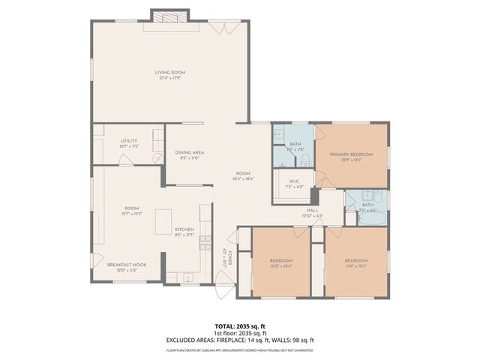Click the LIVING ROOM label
[170, 72]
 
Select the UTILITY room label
[129, 140]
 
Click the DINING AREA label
[188, 152]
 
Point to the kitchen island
[163, 222]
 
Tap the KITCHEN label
[184, 229]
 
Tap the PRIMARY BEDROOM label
[351, 153]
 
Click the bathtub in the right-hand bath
[373, 220]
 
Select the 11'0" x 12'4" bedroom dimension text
[356, 266]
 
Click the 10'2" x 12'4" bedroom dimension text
[281, 266]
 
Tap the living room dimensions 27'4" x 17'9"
[170, 78]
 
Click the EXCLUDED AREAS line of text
[239, 340]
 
